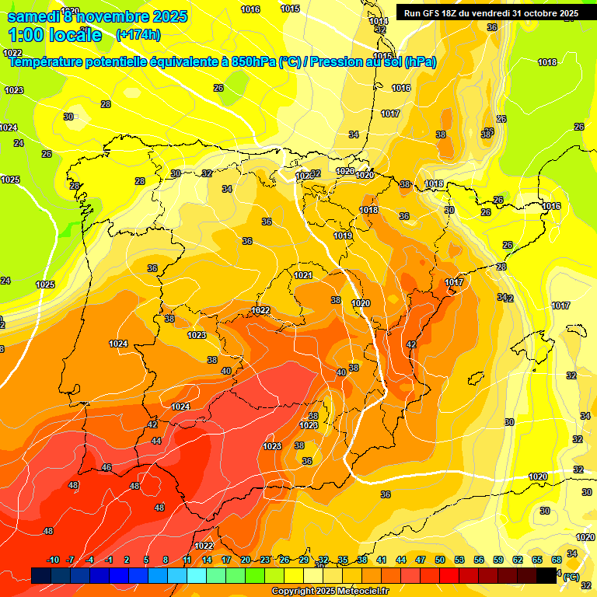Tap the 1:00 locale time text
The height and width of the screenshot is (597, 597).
pos(55,35)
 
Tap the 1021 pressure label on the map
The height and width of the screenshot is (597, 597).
pos(303,275)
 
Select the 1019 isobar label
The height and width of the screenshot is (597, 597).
pos(343,236)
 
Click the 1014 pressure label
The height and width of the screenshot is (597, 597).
pos(379,21)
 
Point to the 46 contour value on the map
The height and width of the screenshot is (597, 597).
pos(106,467)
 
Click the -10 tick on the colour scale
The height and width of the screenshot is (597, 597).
pos(53,560)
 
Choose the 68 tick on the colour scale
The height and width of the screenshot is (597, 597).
pos(557,560)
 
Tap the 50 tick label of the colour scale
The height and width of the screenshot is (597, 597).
pos(440,560)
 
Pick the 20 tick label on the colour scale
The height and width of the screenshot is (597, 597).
pos(246,560)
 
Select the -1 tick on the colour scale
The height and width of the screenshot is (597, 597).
pos(110,560)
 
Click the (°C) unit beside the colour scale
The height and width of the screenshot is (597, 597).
pos(571,577)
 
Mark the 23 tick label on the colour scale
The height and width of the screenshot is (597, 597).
pos(265,560)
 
